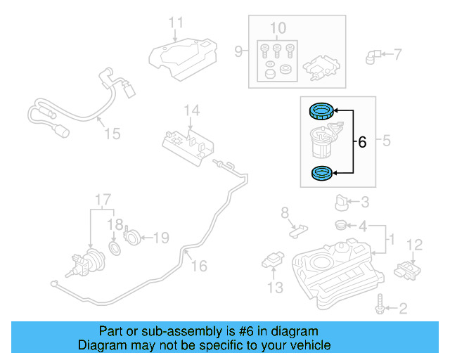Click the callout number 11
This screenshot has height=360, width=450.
(176, 22)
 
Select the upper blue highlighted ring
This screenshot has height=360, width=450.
(322, 110)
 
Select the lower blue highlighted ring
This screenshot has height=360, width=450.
(322, 172)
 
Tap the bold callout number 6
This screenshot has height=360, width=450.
(362, 142)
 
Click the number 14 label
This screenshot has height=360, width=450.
(192, 110)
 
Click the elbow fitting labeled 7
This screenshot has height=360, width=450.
(373, 54)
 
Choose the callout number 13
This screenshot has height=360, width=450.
(275, 287)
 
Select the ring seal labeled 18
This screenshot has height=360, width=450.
(115, 248)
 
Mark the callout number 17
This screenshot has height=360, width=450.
(103, 199)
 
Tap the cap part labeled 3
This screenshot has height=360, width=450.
(342, 202)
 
